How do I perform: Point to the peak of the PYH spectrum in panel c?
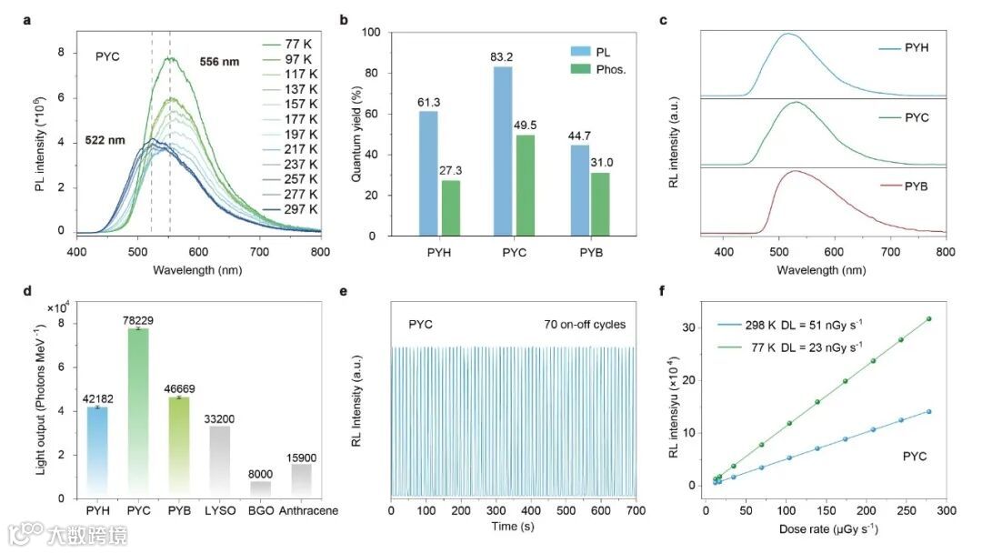pyautogui.click(x=787, y=35)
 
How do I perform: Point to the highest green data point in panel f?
pyautogui.click(x=928, y=318)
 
